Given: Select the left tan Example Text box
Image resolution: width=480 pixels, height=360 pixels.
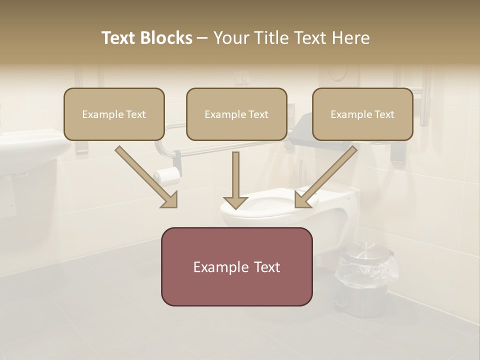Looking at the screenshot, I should (114, 114).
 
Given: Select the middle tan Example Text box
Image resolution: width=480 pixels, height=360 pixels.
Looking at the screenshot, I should (236, 114).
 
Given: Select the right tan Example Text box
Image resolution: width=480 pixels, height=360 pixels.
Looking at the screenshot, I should (362, 114).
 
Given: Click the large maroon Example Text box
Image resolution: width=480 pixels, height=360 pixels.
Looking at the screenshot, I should (236, 266).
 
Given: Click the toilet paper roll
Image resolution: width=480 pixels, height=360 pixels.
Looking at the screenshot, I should (167, 174).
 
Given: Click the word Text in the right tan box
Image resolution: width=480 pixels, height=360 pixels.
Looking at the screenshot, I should (384, 114).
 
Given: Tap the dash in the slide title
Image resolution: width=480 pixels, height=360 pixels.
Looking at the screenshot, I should (202, 38).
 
